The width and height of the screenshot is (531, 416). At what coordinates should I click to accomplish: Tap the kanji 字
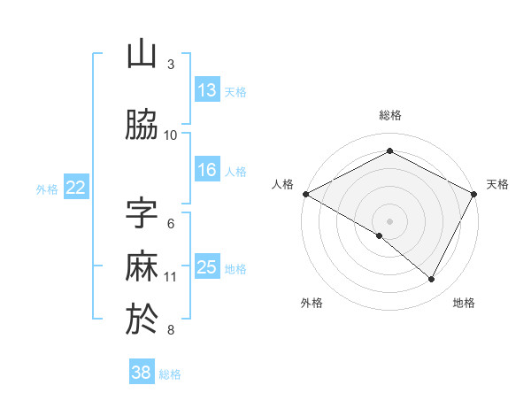point(142,213)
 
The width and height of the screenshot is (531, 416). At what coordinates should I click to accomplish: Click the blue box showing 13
point(206,90)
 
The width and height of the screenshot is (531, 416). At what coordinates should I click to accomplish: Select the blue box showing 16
point(206,171)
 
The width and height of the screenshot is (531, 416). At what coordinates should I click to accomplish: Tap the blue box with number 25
point(206,267)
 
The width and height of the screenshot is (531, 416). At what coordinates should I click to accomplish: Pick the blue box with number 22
point(76,188)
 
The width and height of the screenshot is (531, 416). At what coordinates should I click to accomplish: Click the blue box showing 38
point(142,374)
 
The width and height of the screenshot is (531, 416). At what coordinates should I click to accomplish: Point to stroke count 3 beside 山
point(171,65)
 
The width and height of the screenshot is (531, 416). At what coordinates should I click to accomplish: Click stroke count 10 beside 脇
point(171,135)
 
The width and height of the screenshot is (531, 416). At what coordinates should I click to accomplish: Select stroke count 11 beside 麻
point(171,277)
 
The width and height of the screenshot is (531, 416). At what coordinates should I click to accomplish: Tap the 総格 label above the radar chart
point(390,115)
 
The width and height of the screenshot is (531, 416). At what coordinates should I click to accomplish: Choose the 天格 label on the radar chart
point(497,184)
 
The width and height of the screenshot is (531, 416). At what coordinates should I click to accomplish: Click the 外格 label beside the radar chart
point(312,303)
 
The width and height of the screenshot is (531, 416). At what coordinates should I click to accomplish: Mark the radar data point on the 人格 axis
point(305,194)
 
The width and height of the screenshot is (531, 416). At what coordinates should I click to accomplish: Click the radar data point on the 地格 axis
point(432,279)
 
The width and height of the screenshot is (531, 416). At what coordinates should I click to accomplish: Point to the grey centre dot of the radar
point(389,220)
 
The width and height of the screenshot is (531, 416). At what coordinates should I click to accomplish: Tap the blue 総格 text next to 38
point(170,374)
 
